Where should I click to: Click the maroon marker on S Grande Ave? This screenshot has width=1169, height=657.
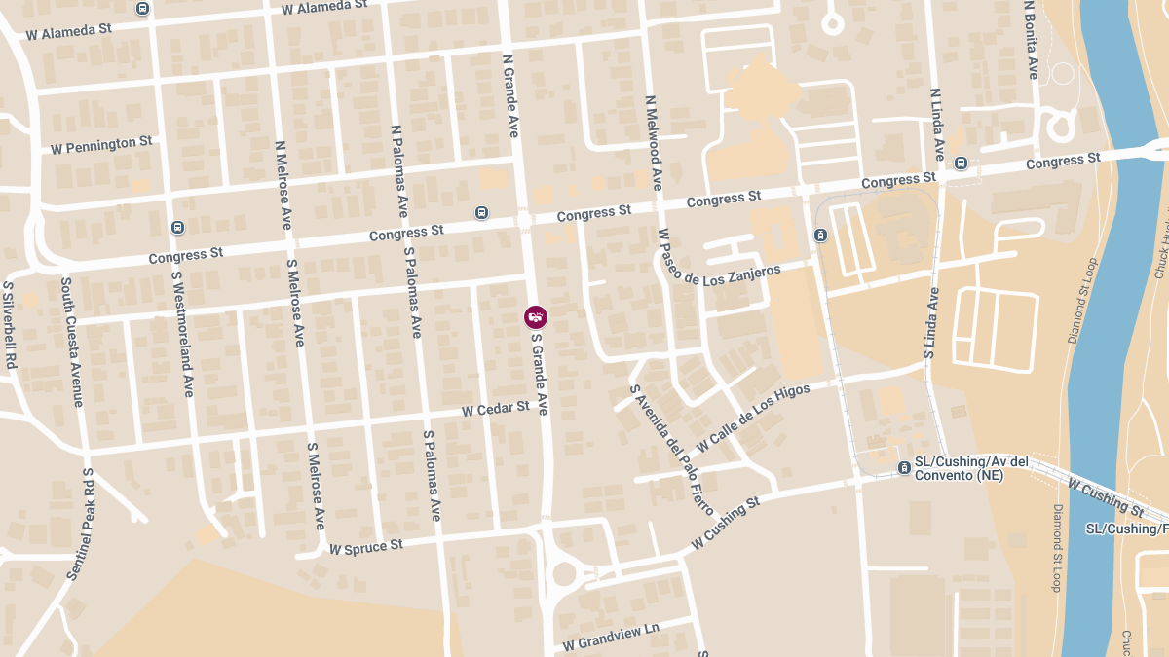[x=536, y=316]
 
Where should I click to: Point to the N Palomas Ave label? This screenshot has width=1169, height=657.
[x=398, y=170]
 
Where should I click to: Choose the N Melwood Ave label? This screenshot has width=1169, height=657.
[x=654, y=141]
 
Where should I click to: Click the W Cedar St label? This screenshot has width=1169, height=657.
[x=496, y=409]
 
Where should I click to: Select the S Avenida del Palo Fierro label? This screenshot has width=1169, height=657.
[x=672, y=450]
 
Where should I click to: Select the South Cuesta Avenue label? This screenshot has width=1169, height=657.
[x=72, y=341]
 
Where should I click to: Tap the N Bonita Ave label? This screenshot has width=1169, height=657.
[x=1032, y=39]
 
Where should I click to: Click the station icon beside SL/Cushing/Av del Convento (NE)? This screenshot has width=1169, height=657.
[x=904, y=468]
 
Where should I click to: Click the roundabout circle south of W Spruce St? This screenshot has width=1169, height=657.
[x=564, y=573]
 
